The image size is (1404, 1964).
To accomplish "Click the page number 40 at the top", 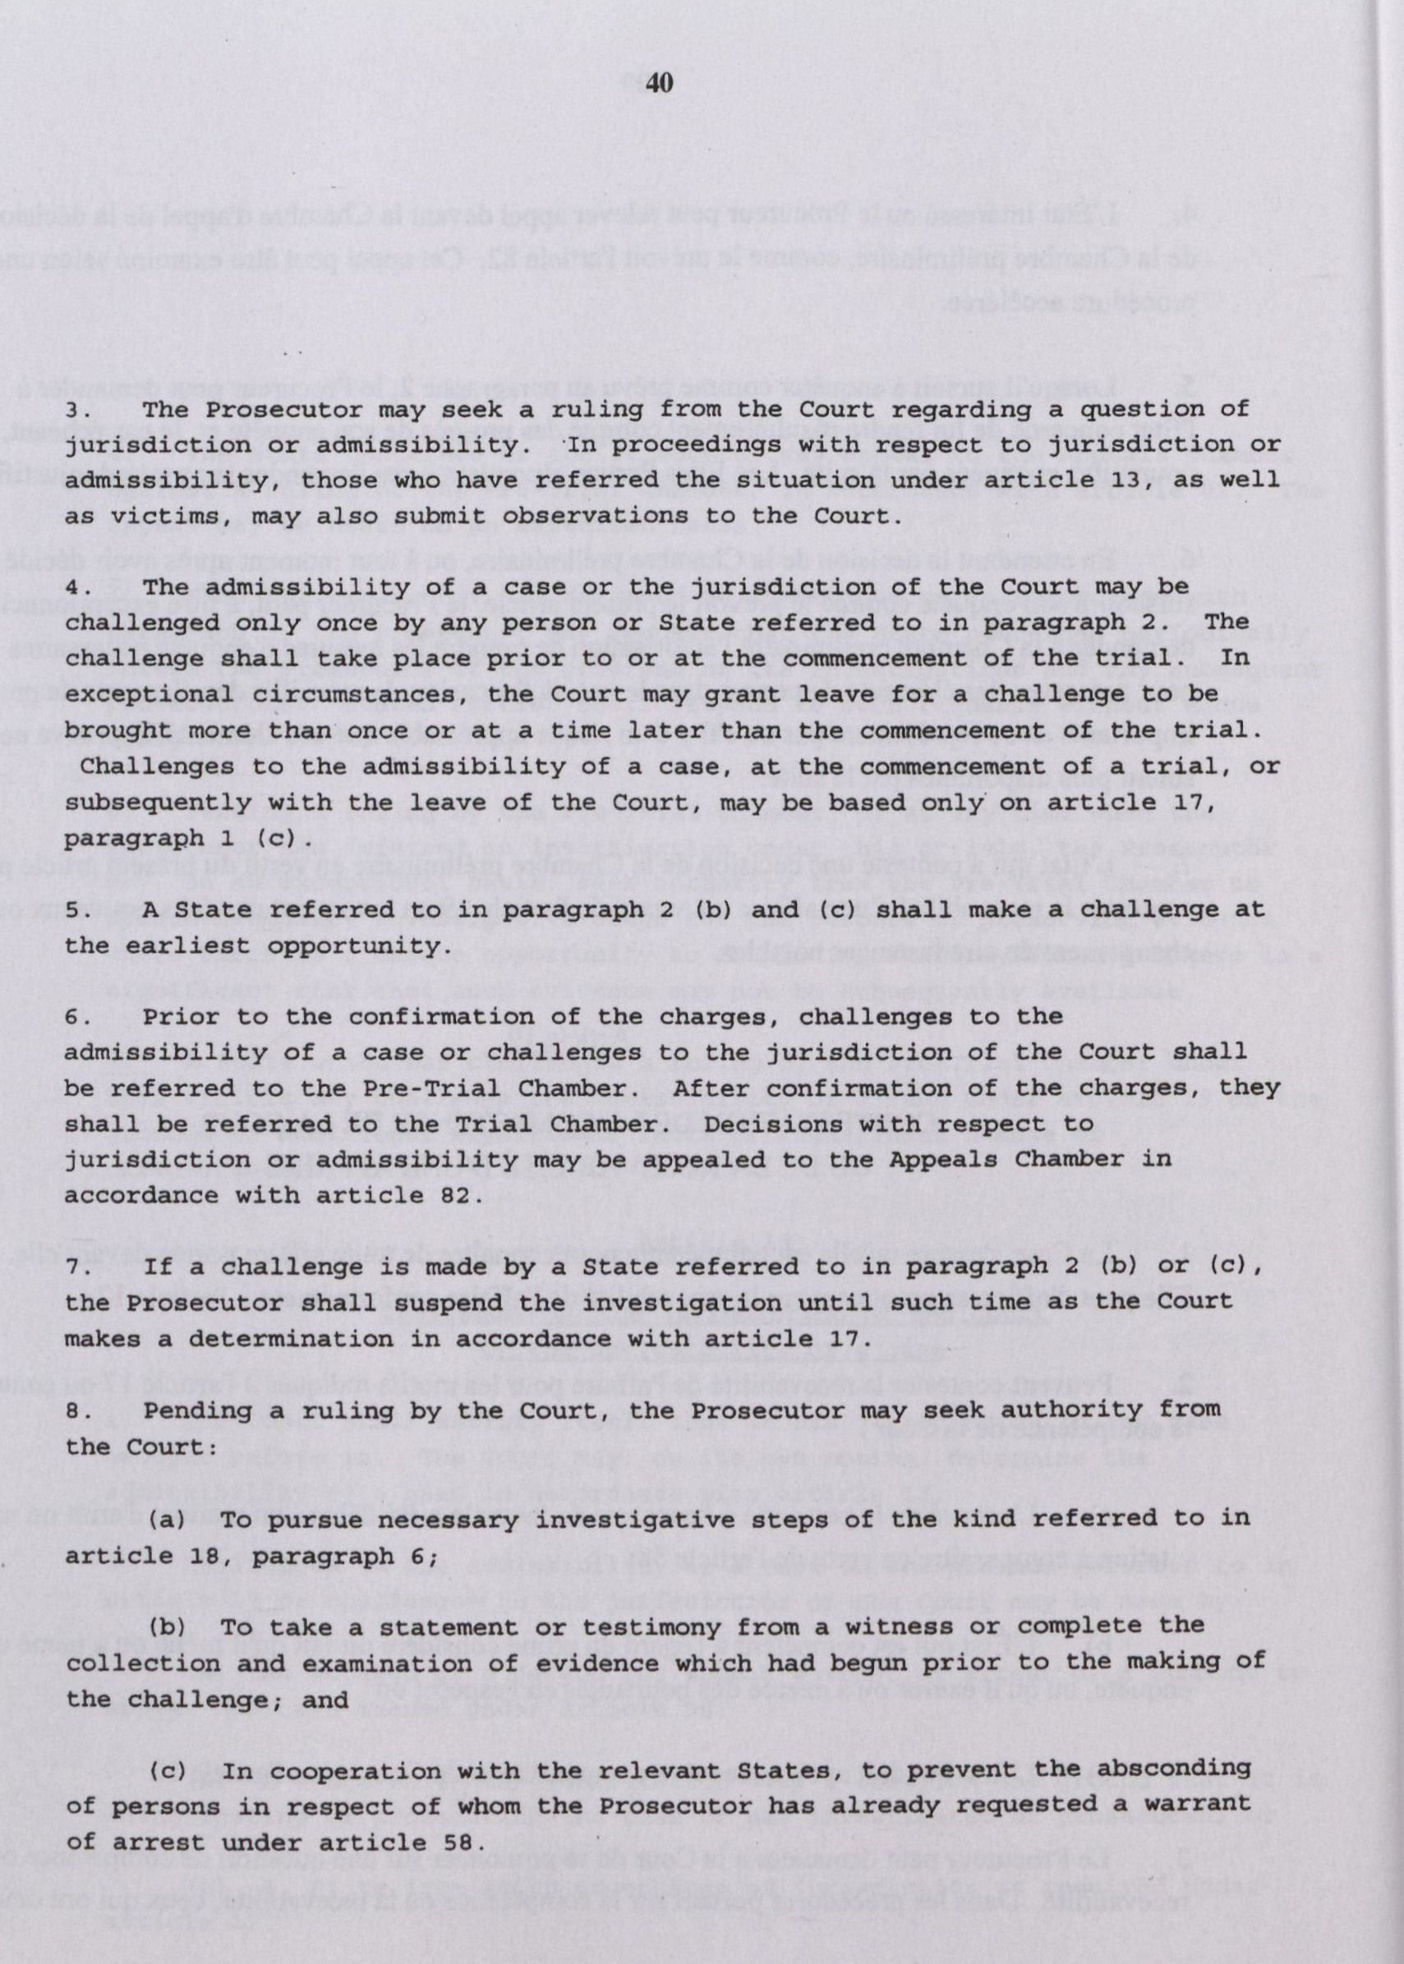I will tap(659, 83).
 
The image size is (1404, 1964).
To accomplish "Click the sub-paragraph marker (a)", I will tap(168, 1519).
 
